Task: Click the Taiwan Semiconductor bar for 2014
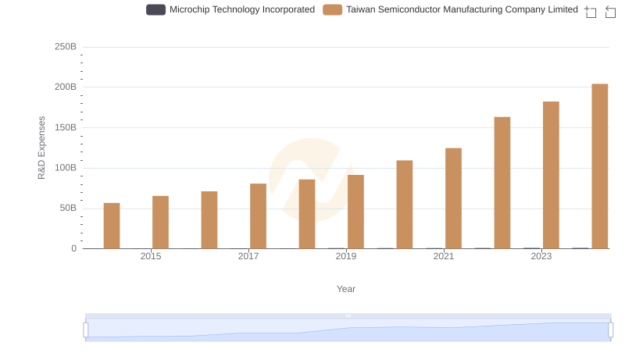point(112,226)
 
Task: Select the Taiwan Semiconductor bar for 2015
point(160,223)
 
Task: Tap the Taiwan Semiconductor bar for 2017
point(258,216)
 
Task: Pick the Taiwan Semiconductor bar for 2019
point(355,212)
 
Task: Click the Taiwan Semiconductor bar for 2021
point(453,198)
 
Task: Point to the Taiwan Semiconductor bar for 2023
point(551,175)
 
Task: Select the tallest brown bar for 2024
point(600,166)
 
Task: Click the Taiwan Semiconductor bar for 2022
point(502,183)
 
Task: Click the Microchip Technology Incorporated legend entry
point(231,10)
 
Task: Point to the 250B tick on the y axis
point(65,47)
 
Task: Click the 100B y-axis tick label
point(65,168)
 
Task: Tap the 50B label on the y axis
point(67,209)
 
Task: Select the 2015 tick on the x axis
point(151,256)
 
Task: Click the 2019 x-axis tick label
point(346,256)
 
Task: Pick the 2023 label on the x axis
point(541,256)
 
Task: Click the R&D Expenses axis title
point(41,148)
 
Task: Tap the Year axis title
point(346,289)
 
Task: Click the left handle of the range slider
point(86,330)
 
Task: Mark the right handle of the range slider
point(611,330)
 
